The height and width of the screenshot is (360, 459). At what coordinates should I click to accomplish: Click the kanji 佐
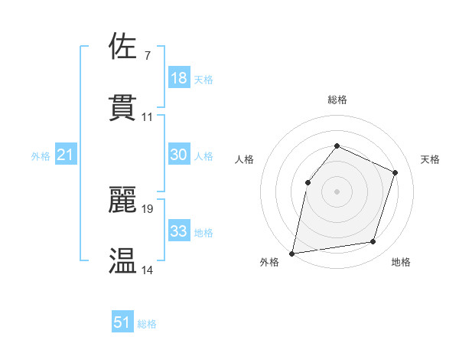123,46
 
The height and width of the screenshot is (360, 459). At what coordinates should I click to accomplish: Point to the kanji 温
123,260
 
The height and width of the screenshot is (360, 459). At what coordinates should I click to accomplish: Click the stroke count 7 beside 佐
147,56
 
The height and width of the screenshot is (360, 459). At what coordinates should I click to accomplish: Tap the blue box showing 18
179,78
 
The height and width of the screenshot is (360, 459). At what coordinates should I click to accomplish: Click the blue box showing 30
179,155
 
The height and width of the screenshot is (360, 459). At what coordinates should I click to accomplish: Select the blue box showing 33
179,231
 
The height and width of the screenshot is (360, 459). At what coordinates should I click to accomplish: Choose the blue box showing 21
66,155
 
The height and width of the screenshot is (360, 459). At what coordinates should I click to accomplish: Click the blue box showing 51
122,322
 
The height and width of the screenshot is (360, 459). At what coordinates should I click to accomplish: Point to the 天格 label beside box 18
203,80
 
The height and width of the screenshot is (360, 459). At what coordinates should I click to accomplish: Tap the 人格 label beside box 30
203,156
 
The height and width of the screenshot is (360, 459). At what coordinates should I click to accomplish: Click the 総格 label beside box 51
147,324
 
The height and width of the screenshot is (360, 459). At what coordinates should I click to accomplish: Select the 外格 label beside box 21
41,156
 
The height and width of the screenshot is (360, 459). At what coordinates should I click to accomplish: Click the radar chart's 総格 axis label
337,100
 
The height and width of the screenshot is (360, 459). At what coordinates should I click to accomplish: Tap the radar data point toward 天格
396,172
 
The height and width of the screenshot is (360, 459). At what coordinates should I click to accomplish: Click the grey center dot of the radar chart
337,191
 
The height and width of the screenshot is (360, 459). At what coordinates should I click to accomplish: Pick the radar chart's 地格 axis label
401,263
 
